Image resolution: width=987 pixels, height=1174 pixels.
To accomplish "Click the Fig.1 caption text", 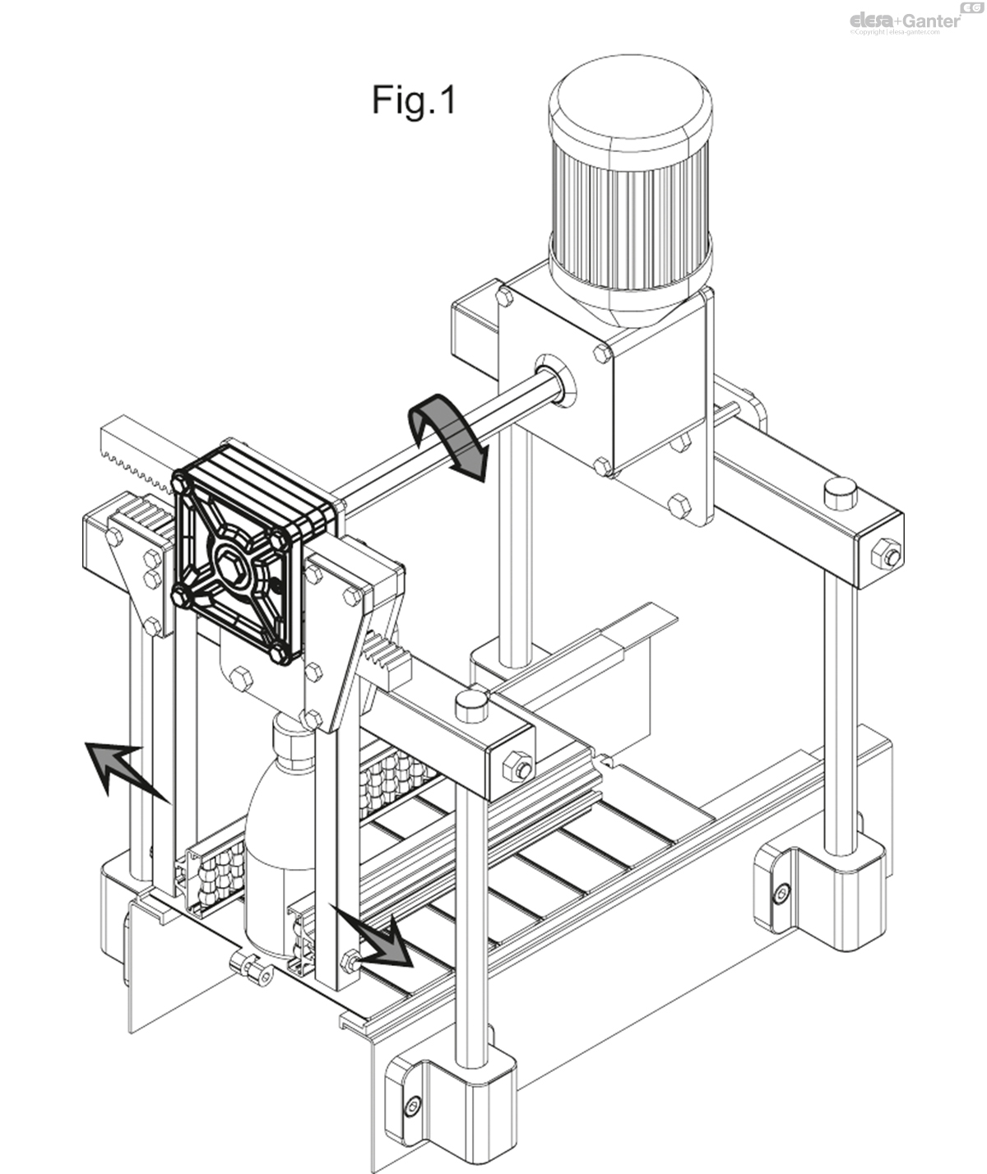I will coord(413,100).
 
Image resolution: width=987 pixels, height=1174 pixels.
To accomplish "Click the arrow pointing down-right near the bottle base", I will coord(378,937).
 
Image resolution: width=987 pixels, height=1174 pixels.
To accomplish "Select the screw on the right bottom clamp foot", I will coord(782,891).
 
